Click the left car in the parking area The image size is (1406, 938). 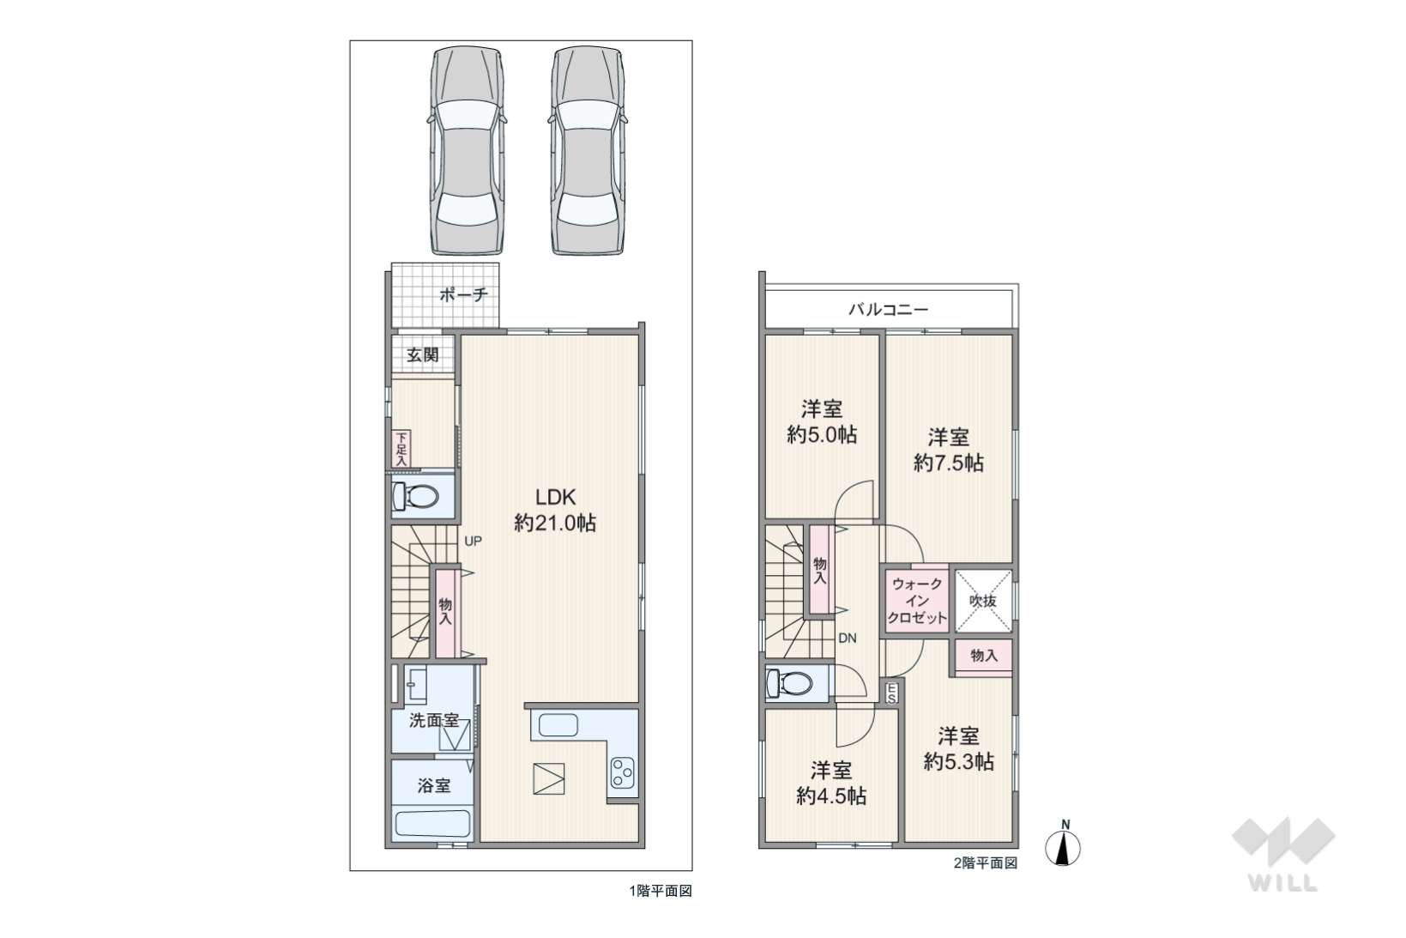click(x=468, y=151)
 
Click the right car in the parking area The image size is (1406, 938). click(x=588, y=151)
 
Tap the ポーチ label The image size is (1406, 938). click(x=463, y=294)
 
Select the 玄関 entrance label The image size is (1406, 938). click(x=422, y=354)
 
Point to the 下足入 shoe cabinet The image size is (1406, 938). click(x=401, y=449)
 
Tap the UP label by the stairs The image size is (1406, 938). click(x=473, y=541)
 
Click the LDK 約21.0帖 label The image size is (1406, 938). click(x=555, y=510)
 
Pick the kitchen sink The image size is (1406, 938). click(x=558, y=725)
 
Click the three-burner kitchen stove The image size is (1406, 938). click(x=623, y=773)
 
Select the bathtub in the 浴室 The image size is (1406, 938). click(x=433, y=823)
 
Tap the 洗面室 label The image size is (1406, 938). click(x=434, y=720)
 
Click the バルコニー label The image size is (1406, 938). click(x=888, y=309)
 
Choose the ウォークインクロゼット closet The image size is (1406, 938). click(x=916, y=601)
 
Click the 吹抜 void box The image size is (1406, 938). click(x=984, y=601)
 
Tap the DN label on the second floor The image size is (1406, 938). click(x=848, y=638)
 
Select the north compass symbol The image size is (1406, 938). click(x=1063, y=844)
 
